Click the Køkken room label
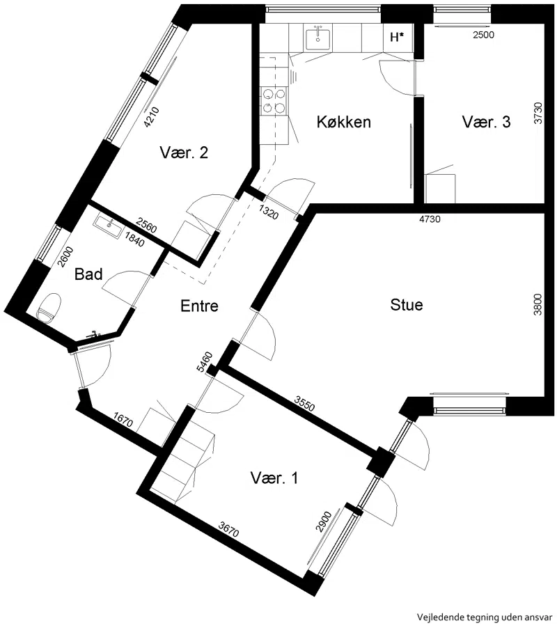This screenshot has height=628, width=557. (343, 122)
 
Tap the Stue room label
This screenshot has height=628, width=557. (407, 305)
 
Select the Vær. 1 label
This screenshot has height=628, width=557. (274, 478)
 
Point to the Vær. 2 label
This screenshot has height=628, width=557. (184, 152)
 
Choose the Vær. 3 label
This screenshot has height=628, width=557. (486, 122)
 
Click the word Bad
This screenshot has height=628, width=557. (88, 274)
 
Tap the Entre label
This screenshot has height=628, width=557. (199, 306)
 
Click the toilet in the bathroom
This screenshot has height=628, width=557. (49, 307)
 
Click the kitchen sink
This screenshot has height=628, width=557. (318, 38)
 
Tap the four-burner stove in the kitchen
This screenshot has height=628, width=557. (274, 100)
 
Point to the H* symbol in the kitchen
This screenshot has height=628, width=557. (397, 37)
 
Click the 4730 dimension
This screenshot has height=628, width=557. (430, 219)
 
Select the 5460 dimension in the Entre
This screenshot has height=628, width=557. (205, 362)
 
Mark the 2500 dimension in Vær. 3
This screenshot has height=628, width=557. (483, 35)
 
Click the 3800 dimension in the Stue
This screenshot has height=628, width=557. (538, 304)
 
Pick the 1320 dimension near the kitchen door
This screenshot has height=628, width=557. (268, 212)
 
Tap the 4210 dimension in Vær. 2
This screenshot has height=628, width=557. (152, 118)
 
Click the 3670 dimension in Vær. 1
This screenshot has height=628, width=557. (228, 528)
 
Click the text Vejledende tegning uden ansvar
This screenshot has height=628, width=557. (485, 617)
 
